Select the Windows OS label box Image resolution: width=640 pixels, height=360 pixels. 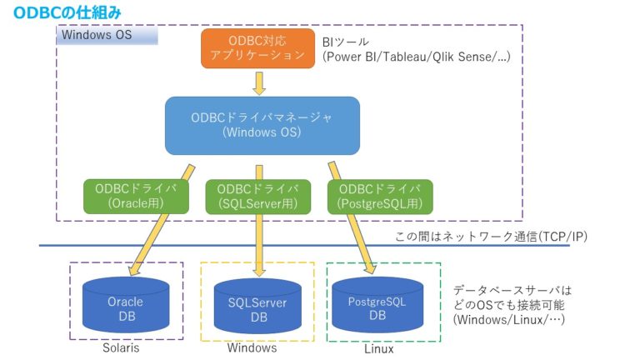click(105, 37)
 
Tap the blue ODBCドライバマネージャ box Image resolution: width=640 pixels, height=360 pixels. click(262, 125)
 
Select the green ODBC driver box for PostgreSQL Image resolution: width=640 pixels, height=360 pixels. click(380, 195)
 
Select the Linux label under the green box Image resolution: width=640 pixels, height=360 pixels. click(378, 348)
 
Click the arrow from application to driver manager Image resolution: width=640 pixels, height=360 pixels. click(259, 82)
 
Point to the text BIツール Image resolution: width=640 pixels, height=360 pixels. click(345, 41)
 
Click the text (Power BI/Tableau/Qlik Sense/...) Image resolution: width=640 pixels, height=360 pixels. click(416, 57)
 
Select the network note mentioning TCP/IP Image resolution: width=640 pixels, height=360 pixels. click(491, 237)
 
